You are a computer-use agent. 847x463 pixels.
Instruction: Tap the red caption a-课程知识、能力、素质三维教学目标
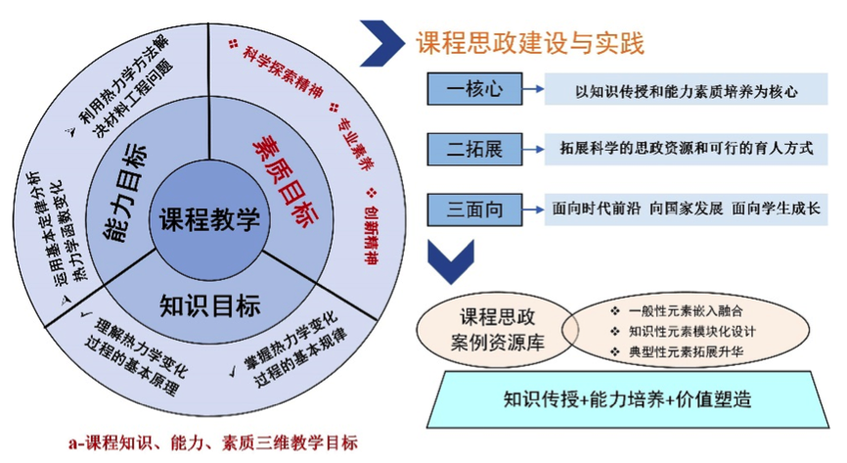212,443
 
